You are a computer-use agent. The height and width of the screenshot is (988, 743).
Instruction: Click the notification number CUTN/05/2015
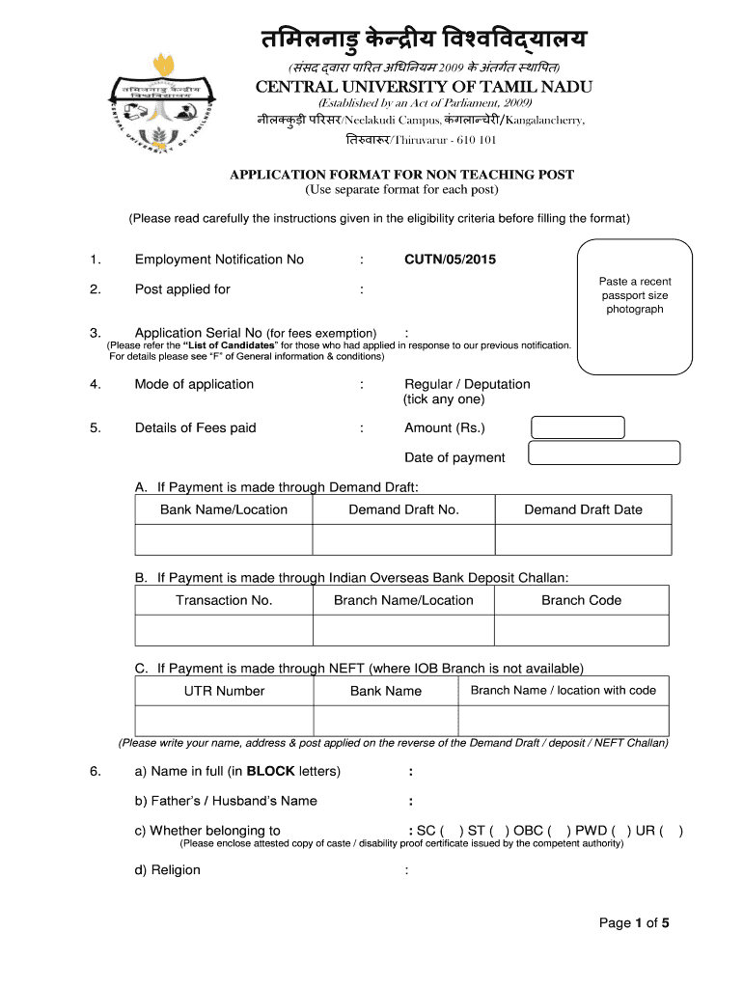pyautogui.click(x=450, y=260)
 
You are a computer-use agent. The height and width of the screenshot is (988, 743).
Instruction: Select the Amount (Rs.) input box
pyautogui.click(x=579, y=427)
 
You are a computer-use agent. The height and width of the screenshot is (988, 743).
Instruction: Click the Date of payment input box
pyautogui.click(x=604, y=453)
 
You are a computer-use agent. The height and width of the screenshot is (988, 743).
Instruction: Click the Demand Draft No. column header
pyautogui.click(x=403, y=509)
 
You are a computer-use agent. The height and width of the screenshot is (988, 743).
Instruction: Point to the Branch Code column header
pyautogui.click(x=581, y=600)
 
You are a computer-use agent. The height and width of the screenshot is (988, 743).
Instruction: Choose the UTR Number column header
pyautogui.click(x=224, y=691)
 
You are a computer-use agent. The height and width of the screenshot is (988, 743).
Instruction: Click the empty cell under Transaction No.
pyautogui.click(x=224, y=630)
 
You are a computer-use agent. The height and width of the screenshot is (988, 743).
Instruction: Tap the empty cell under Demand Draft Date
pyautogui.click(x=583, y=539)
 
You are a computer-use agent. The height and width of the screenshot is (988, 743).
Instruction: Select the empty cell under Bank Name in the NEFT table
pyautogui.click(x=385, y=721)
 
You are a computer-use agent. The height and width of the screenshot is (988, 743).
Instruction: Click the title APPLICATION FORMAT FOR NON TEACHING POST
pyautogui.click(x=401, y=175)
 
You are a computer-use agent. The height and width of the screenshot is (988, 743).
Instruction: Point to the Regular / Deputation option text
pyautogui.click(x=467, y=384)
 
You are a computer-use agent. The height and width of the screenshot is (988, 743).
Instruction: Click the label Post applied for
pyautogui.click(x=182, y=289)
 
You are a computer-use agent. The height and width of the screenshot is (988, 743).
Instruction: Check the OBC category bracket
pyautogui.click(x=558, y=831)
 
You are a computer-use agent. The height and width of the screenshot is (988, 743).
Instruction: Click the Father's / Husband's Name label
pyautogui.click(x=226, y=801)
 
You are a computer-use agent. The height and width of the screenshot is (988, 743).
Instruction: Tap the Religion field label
pyautogui.click(x=168, y=870)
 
